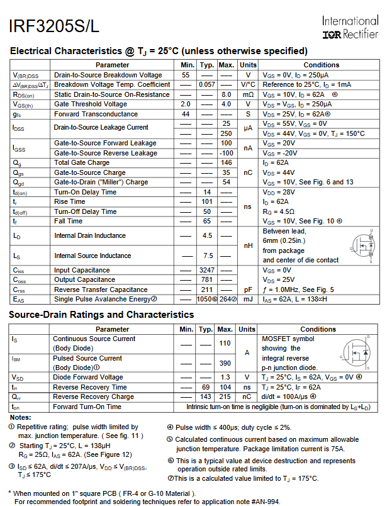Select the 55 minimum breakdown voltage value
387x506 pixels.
pos(186,75)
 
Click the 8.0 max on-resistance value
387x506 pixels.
pos(227,94)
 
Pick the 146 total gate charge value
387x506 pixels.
pos(227,162)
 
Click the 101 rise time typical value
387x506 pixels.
pos(206,201)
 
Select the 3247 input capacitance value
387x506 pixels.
pos(206,270)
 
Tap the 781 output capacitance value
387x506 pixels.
pos(206,279)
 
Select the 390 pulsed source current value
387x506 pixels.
pos(225,363)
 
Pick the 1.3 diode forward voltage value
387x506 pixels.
pos(225,377)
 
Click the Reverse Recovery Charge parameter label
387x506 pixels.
pos(93,396)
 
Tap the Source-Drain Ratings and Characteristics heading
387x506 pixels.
pos(101,315)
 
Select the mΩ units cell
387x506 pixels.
pos(248,94)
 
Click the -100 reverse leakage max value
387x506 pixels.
pos(226,153)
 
